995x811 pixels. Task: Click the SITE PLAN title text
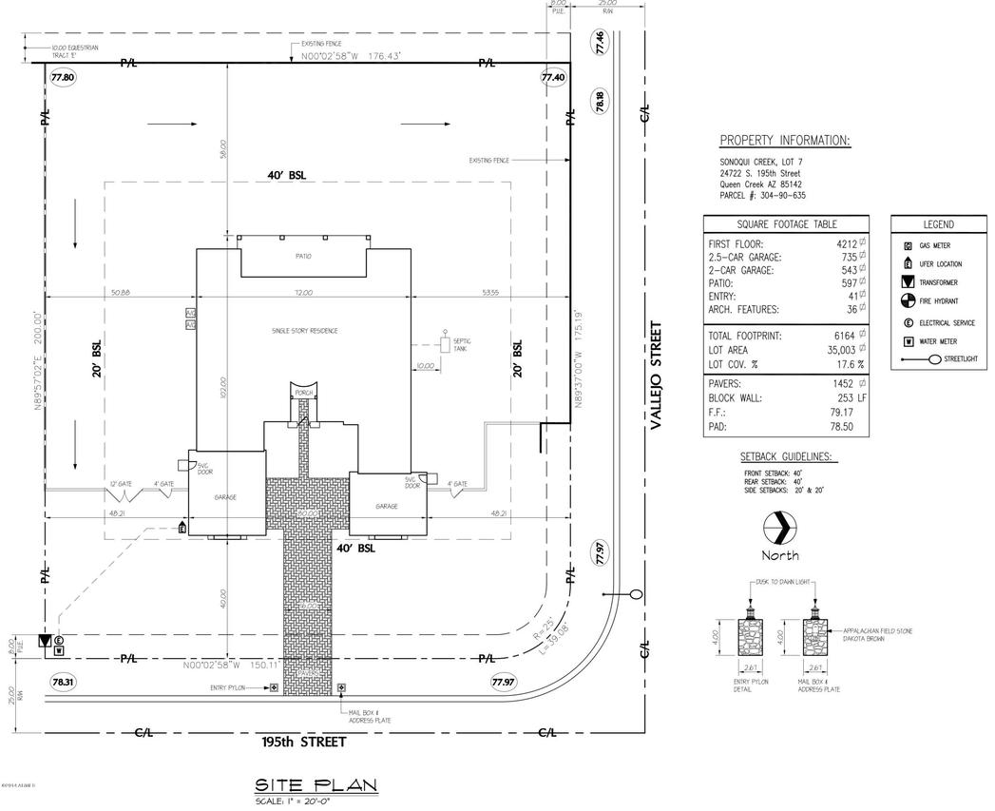tap(316, 785)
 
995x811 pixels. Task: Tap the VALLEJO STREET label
tap(654, 377)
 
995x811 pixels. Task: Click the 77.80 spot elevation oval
tap(64, 77)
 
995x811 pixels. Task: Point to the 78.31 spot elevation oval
tap(63, 682)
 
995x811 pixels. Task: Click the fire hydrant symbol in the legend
tap(909, 301)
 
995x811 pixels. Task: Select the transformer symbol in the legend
tap(909, 282)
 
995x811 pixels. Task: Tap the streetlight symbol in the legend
tap(935, 359)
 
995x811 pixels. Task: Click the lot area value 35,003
tap(841, 350)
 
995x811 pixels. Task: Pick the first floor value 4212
tap(841, 243)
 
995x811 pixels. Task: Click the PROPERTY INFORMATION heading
tap(785, 141)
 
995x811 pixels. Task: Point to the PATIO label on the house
tap(301, 256)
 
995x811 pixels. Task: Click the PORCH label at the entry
tap(303, 392)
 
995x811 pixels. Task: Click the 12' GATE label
tap(119, 484)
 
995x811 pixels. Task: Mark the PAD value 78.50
tap(849, 429)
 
